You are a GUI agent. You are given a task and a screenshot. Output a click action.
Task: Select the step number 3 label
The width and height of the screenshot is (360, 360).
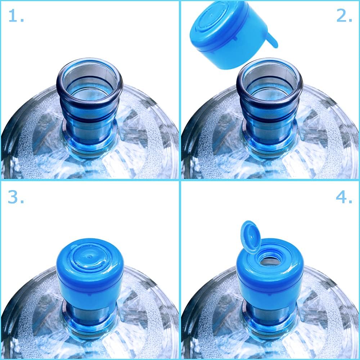pyautogui.click(x=16, y=197)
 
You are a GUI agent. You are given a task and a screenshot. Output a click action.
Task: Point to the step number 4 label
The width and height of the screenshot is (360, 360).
pyautogui.click(x=344, y=197)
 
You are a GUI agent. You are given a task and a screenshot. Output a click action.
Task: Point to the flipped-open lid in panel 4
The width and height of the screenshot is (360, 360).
pyautogui.click(x=251, y=237)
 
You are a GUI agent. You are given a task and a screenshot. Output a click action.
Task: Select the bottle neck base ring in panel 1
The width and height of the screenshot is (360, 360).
pyautogui.click(x=89, y=144)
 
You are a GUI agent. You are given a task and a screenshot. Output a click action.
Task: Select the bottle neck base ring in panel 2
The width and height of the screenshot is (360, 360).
pyautogui.click(x=269, y=144)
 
